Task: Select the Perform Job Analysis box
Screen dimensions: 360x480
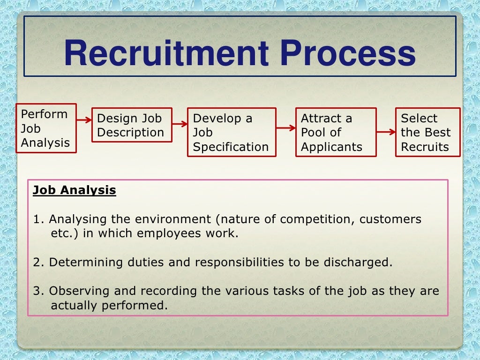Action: pos(46,128)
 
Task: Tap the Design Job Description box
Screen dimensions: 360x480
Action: pos(132,125)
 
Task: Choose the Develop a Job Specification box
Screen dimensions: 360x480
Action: pos(231,132)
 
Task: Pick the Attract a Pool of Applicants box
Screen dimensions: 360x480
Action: pos(335,132)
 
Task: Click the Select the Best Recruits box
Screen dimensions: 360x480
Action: pos(427,132)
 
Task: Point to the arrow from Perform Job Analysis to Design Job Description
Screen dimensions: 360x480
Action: pos(84,120)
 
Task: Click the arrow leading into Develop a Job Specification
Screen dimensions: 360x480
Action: pos(180,124)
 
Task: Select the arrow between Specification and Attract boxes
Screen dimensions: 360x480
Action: pos(285,127)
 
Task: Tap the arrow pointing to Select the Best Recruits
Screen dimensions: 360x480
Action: pos(386,132)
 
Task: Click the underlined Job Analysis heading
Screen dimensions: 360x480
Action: pos(74,190)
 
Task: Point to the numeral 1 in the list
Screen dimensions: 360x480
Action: pos(37,219)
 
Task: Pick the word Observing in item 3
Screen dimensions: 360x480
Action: pos(76,291)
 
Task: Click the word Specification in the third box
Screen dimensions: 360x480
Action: pos(231,147)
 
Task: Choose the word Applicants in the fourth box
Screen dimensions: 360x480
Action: pos(331,147)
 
